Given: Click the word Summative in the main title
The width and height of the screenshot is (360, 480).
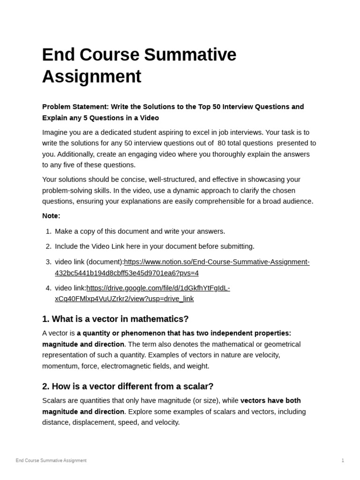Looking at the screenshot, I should coord(190,55).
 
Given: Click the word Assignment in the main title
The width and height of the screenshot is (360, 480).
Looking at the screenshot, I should coord(91,76).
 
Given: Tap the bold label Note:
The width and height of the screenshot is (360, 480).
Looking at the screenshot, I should coord(51,216).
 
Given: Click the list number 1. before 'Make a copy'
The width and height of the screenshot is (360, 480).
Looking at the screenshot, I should coord(49,231).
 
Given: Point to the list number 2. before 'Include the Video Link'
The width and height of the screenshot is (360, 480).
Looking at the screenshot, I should coord(49,246).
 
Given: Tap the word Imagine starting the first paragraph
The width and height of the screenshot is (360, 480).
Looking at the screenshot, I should coord(55,132).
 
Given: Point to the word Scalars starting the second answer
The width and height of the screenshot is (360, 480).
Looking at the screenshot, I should coord(55,400).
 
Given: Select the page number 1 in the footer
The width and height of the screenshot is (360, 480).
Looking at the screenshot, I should coord(343,460).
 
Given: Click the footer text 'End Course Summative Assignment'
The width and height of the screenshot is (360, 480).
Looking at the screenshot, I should coord(51,460).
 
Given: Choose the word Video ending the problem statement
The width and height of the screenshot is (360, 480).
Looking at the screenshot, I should coord(149,118).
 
